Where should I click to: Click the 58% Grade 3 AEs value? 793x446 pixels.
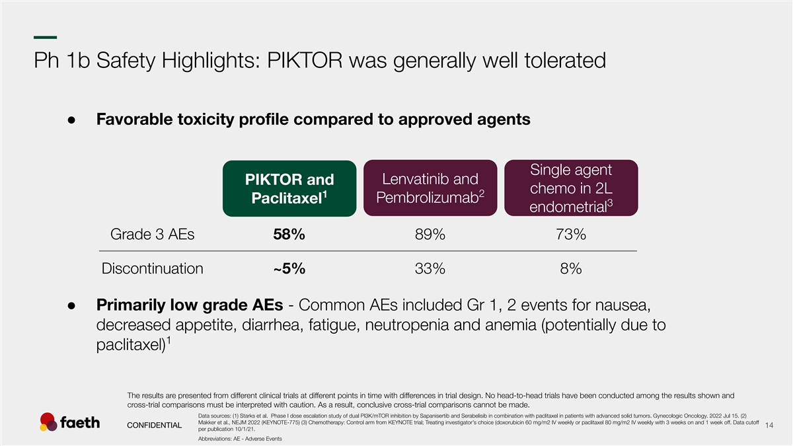[289, 235]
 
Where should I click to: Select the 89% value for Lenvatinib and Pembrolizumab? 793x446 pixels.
[430, 235]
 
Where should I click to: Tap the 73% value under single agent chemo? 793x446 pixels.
[571, 235]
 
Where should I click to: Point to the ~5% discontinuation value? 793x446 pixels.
[289, 269]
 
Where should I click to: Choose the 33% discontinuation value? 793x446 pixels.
[430, 269]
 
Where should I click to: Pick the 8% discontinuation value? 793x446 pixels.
[571, 269]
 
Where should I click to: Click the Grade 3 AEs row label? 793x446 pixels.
[152, 235]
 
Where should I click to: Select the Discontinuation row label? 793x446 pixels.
[152, 269]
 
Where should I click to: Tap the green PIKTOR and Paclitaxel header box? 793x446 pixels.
[289, 188]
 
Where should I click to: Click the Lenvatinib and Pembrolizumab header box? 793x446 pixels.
[430, 188]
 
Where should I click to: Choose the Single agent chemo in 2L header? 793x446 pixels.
[571, 188]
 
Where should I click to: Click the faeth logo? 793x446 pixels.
[70, 422]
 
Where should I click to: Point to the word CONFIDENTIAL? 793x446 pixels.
[155, 425]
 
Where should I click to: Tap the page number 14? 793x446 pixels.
[769, 425]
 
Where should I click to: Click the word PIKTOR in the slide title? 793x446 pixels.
[305, 60]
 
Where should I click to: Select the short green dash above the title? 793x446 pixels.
[46, 37]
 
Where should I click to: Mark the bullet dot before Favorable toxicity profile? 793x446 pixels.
[71, 120]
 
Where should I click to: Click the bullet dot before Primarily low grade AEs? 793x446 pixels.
[71, 306]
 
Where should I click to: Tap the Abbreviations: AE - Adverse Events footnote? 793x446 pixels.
[240, 439]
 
